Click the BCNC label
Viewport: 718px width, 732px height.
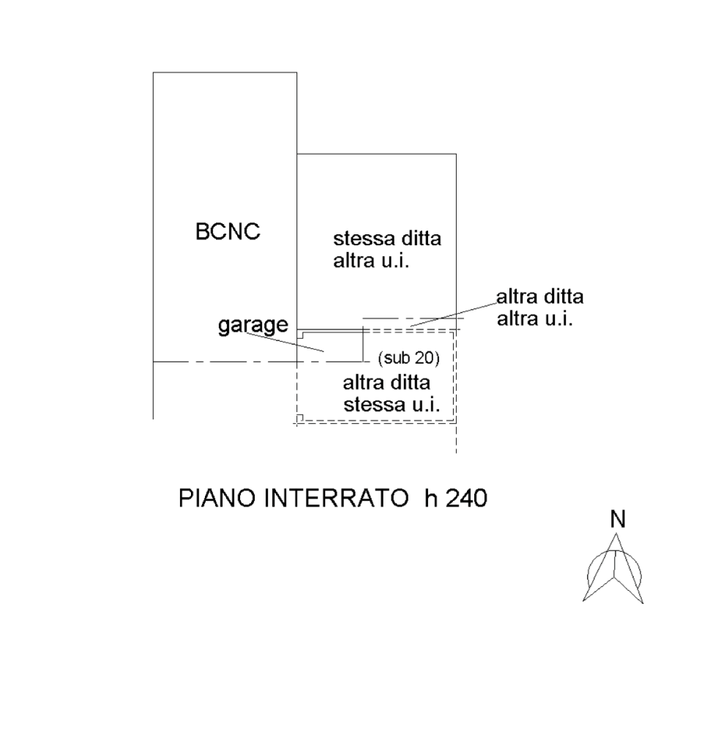pyautogui.click(x=228, y=232)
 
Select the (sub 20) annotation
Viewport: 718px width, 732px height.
pyautogui.click(x=408, y=358)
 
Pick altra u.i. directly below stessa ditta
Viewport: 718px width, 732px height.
pyautogui.click(x=370, y=261)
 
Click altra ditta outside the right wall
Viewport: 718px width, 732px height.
pyautogui.click(x=540, y=298)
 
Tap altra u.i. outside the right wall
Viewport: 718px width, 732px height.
pyautogui.click(x=534, y=318)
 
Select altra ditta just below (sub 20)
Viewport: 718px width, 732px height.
pyautogui.click(x=386, y=383)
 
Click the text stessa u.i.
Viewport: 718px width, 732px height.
pyautogui.click(x=390, y=405)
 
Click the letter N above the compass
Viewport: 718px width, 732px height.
pyautogui.click(x=618, y=519)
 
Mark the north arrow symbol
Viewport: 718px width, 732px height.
pyautogui.click(x=615, y=571)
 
